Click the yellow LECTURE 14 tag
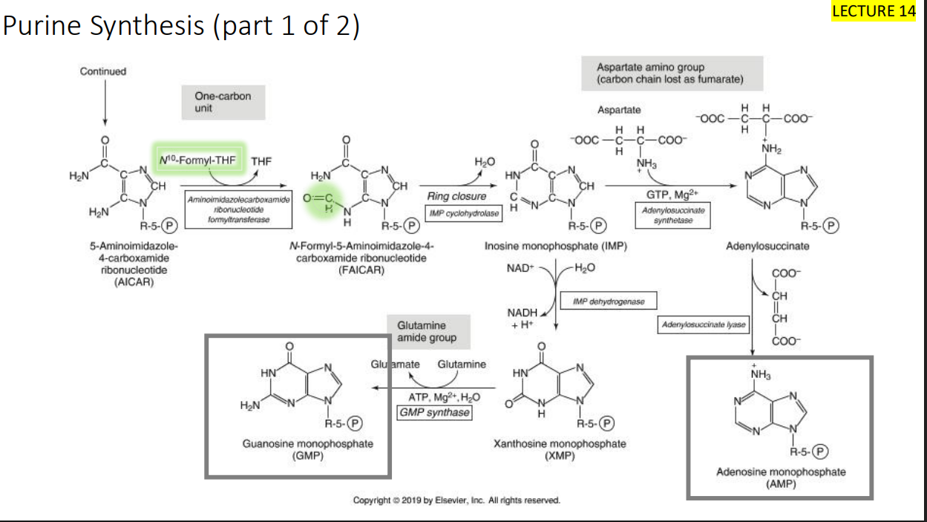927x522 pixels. pos(874,10)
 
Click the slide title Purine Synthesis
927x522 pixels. pos(181,27)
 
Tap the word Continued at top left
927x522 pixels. pos(103,71)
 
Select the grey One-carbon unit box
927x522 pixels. pos(223,102)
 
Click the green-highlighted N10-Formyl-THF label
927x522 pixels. pos(197,160)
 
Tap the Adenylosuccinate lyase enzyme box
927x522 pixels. pos(704,325)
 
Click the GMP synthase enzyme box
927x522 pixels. pos(434,412)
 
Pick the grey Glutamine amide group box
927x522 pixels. pos(428,332)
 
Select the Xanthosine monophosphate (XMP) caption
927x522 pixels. pos(559,449)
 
